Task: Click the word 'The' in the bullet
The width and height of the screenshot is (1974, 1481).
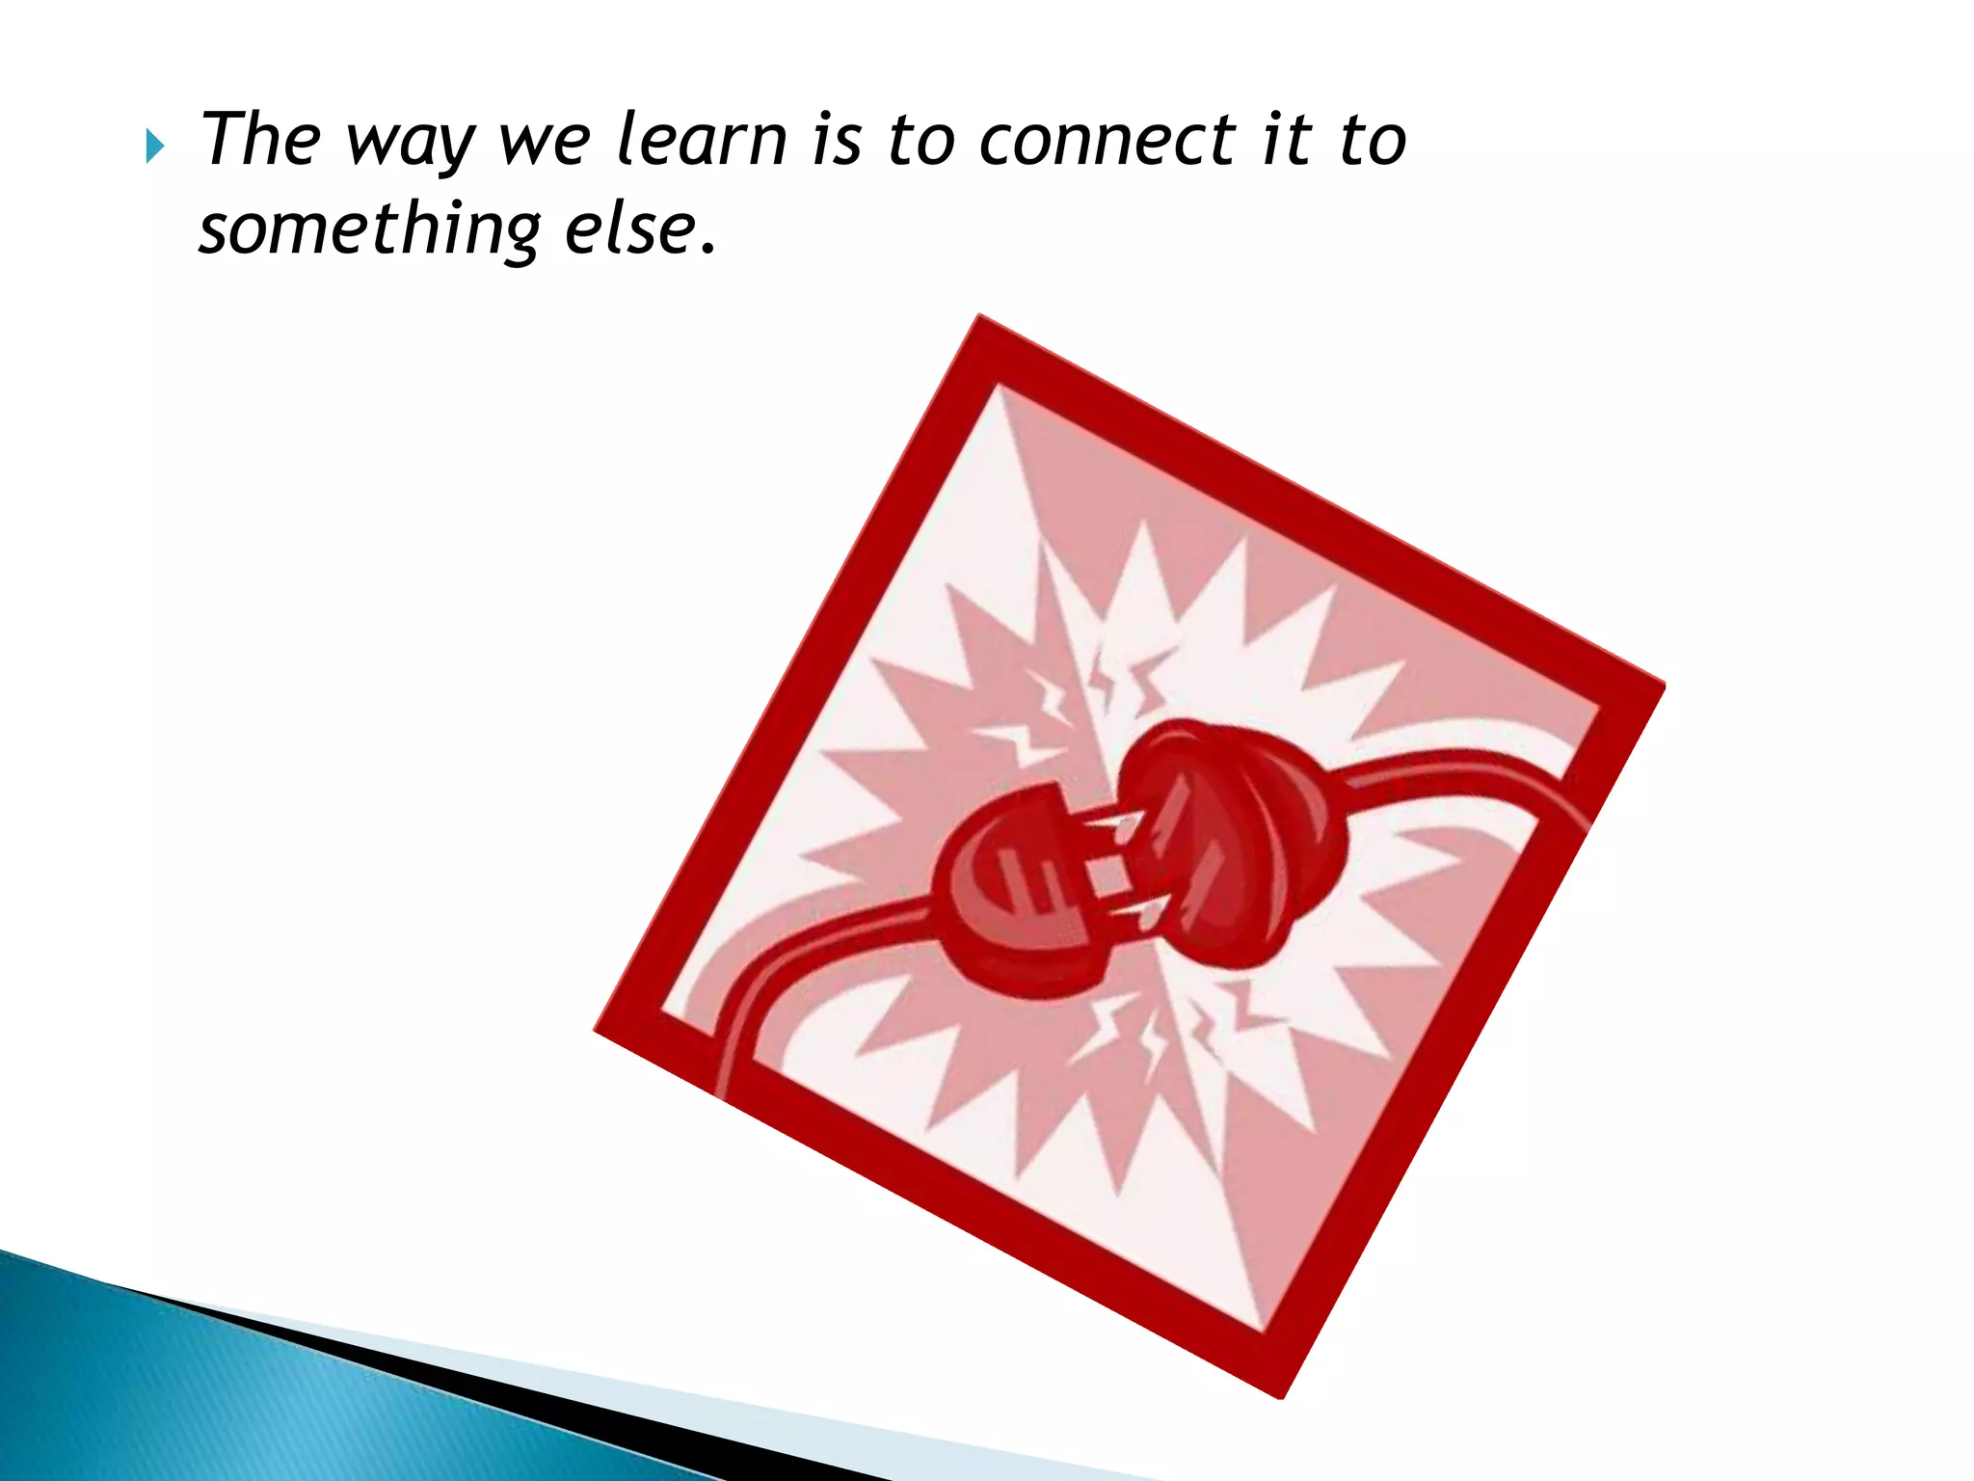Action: [259, 140]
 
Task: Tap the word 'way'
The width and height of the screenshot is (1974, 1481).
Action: [410, 145]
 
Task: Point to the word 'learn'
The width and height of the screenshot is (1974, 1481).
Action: [701, 140]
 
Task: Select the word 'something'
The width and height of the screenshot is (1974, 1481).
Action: [370, 231]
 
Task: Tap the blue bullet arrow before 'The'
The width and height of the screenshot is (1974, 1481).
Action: [154, 148]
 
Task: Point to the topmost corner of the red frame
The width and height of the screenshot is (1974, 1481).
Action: [979, 318]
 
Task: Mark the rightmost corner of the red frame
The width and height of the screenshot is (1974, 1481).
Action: [1662, 687]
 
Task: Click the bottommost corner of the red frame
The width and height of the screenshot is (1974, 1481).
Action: [1282, 1394]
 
